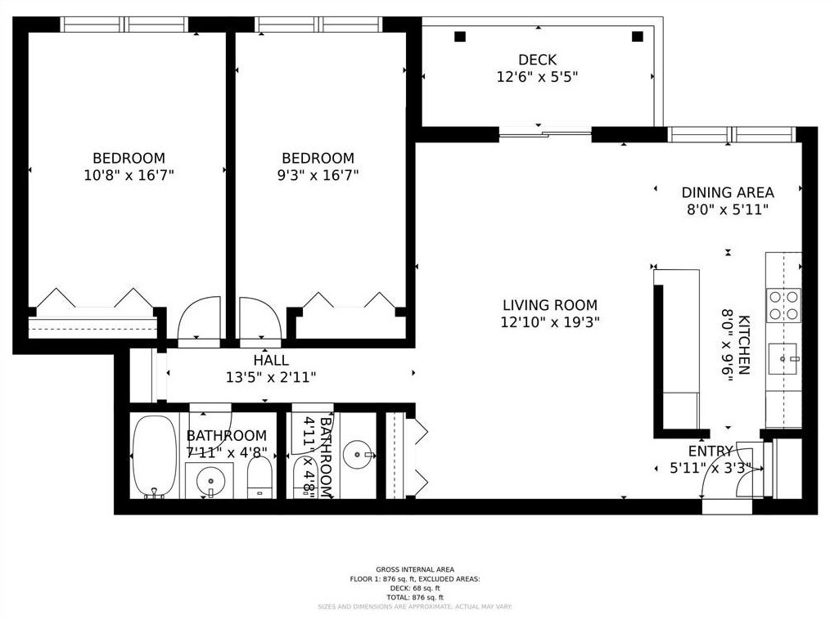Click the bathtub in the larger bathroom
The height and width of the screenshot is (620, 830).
pyautogui.click(x=155, y=456)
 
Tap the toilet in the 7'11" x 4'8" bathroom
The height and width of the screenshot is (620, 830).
pyautogui.click(x=259, y=478)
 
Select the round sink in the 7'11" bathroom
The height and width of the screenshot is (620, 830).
pyautogui.click(x=210, y=479)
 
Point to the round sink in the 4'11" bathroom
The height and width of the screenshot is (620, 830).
pyautogui.click(x=358, y=454)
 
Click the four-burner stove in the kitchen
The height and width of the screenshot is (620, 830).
pyautogui.click(x=783, y=305)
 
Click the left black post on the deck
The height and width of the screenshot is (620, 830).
pyautogui.click(x=460, y=36)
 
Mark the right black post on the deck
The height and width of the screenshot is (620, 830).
pyautogui.click(x=638, y=36)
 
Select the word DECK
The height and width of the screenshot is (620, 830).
pyautogui.click(x=537, y=60)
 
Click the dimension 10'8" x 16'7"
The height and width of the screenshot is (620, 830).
pyautogui.click(x=129, y=175)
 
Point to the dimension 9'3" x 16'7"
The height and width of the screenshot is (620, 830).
pyautogui.click(x=318, y=175)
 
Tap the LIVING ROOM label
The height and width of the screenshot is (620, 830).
pyautogui.click(x=550, y=305)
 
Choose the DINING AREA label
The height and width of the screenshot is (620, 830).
pyautogui.click(x=728, y=193)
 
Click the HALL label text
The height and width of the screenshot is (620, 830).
pyautogui.click(x=270, y=360)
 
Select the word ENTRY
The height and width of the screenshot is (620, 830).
pyautogui.click(x=710, y=451)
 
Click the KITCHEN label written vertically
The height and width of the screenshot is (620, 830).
pyautogui.click(x=743, y=344)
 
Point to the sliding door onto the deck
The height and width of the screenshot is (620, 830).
pyautogui.click(x=544, y=133)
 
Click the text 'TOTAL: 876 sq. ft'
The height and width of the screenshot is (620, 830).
pyautogui.click(x=414, y=597)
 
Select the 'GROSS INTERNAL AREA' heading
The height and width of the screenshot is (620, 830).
pyautogui.click(x=414, y=569)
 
